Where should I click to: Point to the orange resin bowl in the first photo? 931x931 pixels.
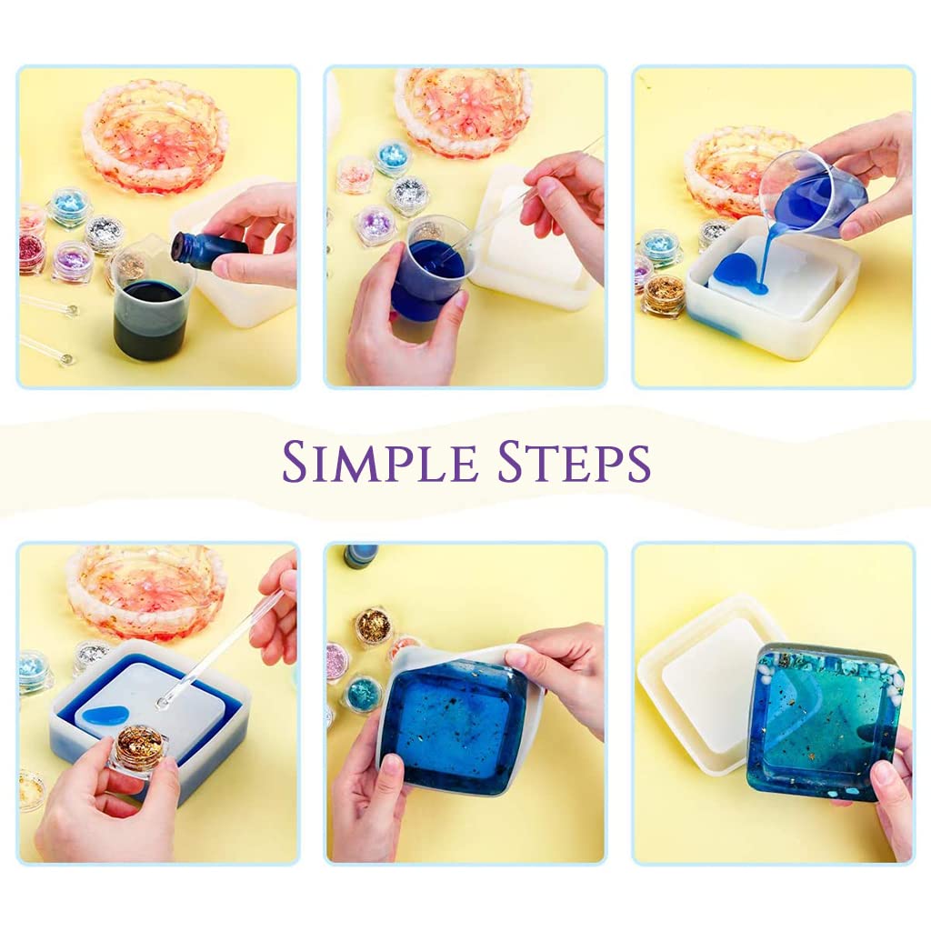click(155, 147)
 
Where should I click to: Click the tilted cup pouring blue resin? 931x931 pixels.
click(811, 195)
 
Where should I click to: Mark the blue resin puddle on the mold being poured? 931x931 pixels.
click(740, 273)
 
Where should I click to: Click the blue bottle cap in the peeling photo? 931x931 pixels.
click(362, 555)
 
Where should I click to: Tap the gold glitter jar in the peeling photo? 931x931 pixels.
click(373, 626)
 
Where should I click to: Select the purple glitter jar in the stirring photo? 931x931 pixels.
click(375, 225)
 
